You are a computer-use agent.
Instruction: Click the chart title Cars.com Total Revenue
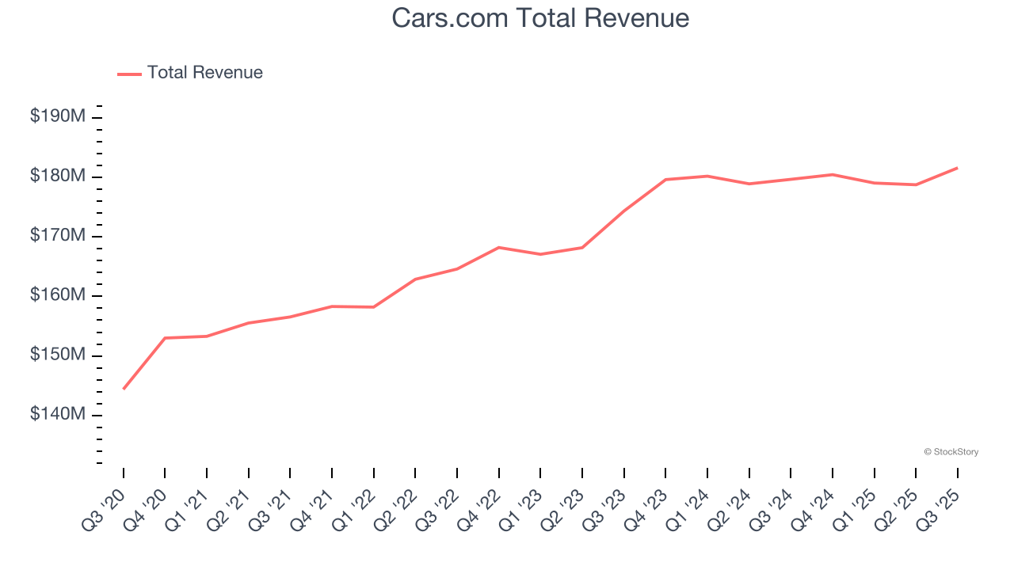click(x=540, y=17)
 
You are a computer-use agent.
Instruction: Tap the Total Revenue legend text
click(x=204, y=73)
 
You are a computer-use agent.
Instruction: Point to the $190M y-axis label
click(x=57, y=116)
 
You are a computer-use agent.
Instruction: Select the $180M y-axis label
click(x=57, y=176)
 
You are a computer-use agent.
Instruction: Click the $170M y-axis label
click(x=57, y=236)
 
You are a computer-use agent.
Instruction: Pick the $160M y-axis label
click(x=57, y=295)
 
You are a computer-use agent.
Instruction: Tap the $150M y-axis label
click(x=57, y=355)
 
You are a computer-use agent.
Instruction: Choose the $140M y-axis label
click(x=57, y=415)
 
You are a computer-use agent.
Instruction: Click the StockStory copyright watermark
click(x=951, y=452)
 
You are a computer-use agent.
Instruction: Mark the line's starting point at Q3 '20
click(x=124, y=389)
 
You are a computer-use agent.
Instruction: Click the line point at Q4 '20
click(x=165, y=338)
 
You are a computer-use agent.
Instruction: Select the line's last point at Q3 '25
click(x=957, y=168)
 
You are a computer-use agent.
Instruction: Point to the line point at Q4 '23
click(x=665, y=180)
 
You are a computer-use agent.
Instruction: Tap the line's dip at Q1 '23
click(x=540, y=254)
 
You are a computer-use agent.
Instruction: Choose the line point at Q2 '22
click(x=415, y=279)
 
